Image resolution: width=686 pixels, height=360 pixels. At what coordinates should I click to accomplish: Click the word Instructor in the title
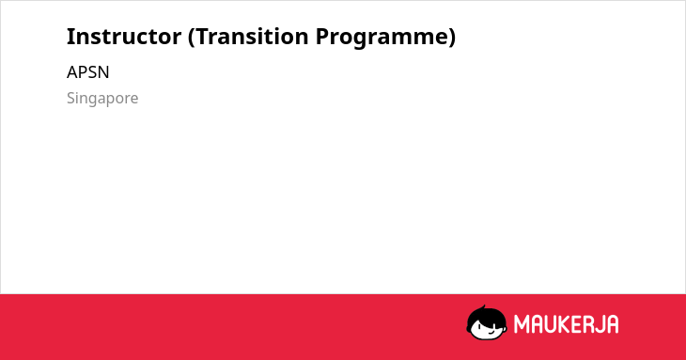(x=124, y=37)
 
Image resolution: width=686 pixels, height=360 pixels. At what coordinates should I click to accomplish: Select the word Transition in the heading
(x=252, y=37)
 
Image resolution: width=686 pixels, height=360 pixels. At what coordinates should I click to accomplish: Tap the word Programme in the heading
(x=381, y=39)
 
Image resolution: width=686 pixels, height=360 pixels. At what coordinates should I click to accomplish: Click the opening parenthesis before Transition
(x=192, y=38)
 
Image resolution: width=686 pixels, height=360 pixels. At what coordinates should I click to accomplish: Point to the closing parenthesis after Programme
(x=451, y=38)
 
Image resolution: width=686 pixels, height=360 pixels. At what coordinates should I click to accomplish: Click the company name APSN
(x=88, y=72)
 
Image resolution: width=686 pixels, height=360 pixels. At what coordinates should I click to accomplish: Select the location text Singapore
(x=102, y=99)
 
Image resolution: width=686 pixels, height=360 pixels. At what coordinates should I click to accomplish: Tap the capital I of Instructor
(x=70, y=37)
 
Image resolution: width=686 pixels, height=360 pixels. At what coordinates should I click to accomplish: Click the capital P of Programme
(x=322, y=37)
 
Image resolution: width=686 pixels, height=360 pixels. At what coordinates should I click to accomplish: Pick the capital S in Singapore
(x=71, y=98)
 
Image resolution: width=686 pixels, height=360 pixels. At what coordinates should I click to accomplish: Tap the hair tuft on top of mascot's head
(x=483, y=307)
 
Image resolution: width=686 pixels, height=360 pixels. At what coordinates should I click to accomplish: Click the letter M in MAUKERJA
(x=522, y=324)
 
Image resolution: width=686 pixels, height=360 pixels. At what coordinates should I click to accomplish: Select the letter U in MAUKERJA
(x=552, y=324)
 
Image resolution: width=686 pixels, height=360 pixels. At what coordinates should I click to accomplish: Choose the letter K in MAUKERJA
(x=566, y=324)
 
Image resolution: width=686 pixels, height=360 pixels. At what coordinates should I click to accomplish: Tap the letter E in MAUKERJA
(x=579, y=324)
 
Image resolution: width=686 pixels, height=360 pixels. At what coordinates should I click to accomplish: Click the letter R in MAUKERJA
(x=592, y=324)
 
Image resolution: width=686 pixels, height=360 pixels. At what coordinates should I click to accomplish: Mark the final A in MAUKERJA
(x=613, y=324)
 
